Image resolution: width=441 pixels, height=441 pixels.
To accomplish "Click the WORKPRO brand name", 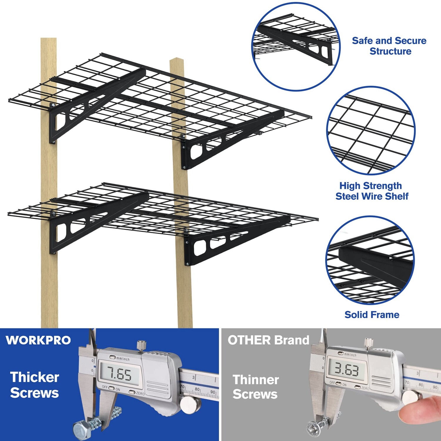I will [38, 340].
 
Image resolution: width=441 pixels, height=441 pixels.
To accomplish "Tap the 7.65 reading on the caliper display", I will [119, 374].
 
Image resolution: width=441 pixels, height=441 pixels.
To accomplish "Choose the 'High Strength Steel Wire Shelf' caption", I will [372, 191].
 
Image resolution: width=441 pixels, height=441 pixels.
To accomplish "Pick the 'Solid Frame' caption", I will [372, 315].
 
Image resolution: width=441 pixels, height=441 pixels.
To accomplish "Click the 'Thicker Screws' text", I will [34, 385].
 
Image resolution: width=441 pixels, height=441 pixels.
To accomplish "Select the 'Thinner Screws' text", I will [255, 387].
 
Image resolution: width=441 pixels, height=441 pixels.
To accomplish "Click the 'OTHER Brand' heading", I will [268, 340].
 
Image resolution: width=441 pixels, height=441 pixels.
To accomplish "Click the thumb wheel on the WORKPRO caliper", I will [188, 405].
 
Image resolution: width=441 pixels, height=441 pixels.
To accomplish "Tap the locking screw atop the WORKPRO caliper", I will [141, 345].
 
